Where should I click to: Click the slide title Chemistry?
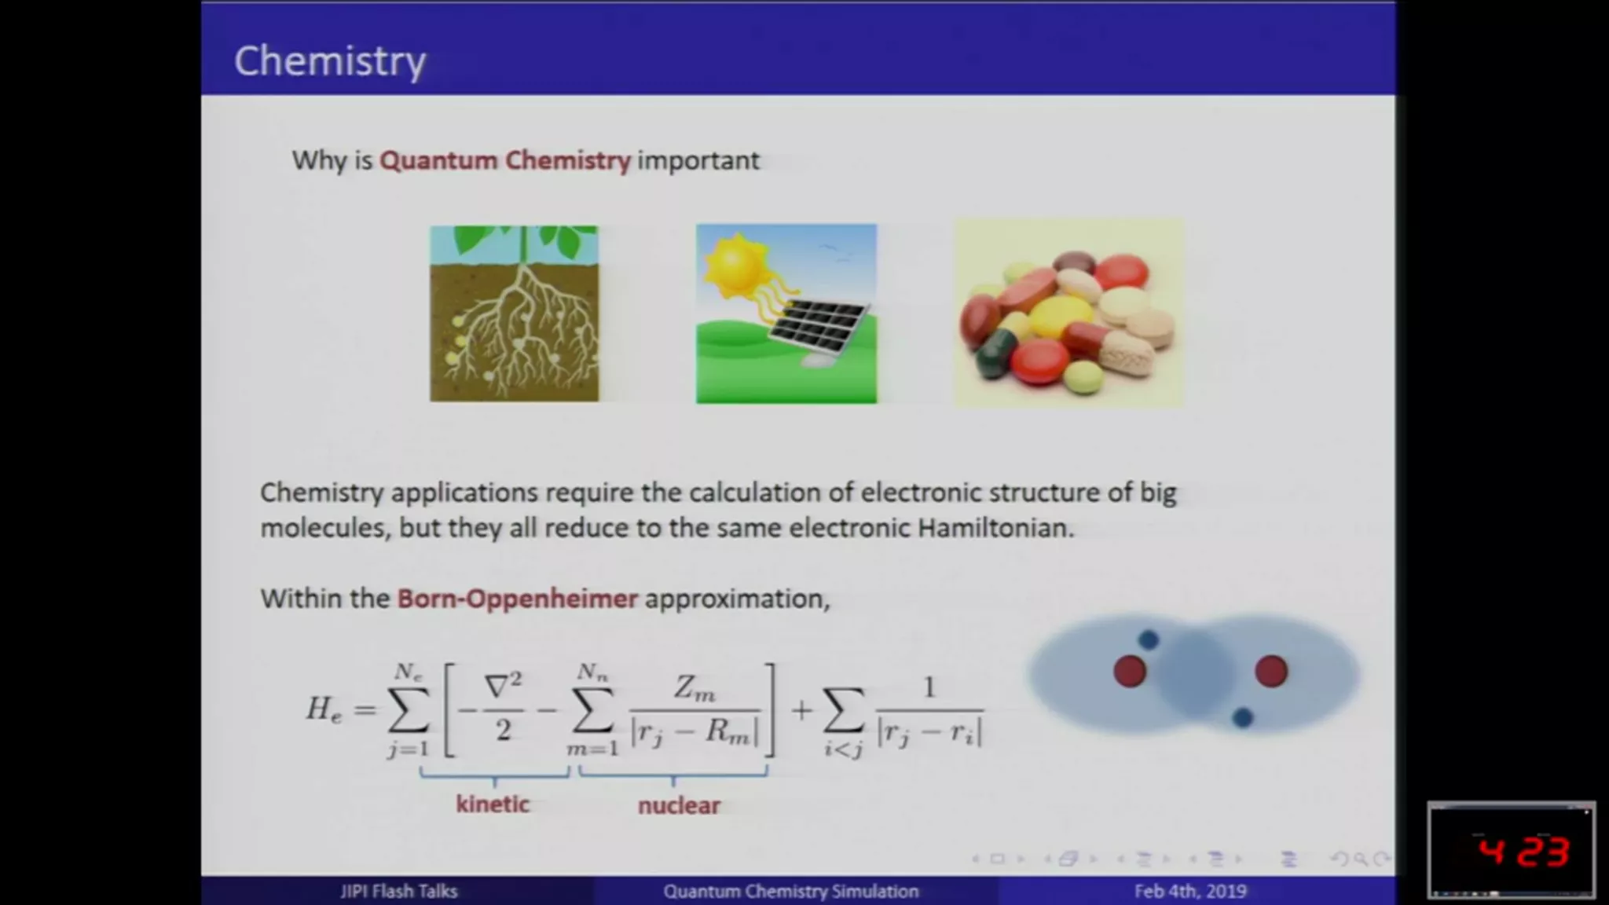tap(330, 62)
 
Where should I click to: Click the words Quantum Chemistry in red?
tap(505, 160)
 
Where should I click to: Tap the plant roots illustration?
tap(514, 313)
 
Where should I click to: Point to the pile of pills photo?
tap(1068, 313)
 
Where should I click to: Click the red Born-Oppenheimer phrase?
tap(518, 599)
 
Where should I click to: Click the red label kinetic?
tap(493, 804)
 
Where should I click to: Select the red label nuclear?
tap(679, 805)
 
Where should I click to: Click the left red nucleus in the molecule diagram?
tap(1130, 672)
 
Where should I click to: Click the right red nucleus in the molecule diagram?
tap(1271, 672)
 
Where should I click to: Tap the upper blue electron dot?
tap(1149, 639)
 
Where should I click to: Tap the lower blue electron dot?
tap(1242, 717)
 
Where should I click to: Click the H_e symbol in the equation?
tap(324, 709)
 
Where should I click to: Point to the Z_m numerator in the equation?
tap(695, 689)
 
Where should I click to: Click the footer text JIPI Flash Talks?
tap(399, 891)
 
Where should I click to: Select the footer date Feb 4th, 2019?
tap(1190, 891)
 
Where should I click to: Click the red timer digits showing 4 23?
tap(1523, 852)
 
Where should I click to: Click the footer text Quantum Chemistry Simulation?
tap(791, 891)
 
